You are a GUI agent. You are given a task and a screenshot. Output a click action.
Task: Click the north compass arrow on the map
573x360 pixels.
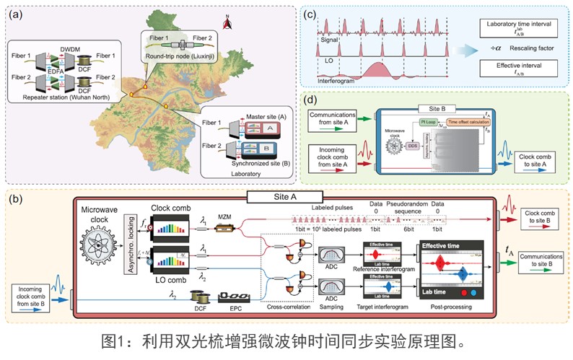tap(229, 24)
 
